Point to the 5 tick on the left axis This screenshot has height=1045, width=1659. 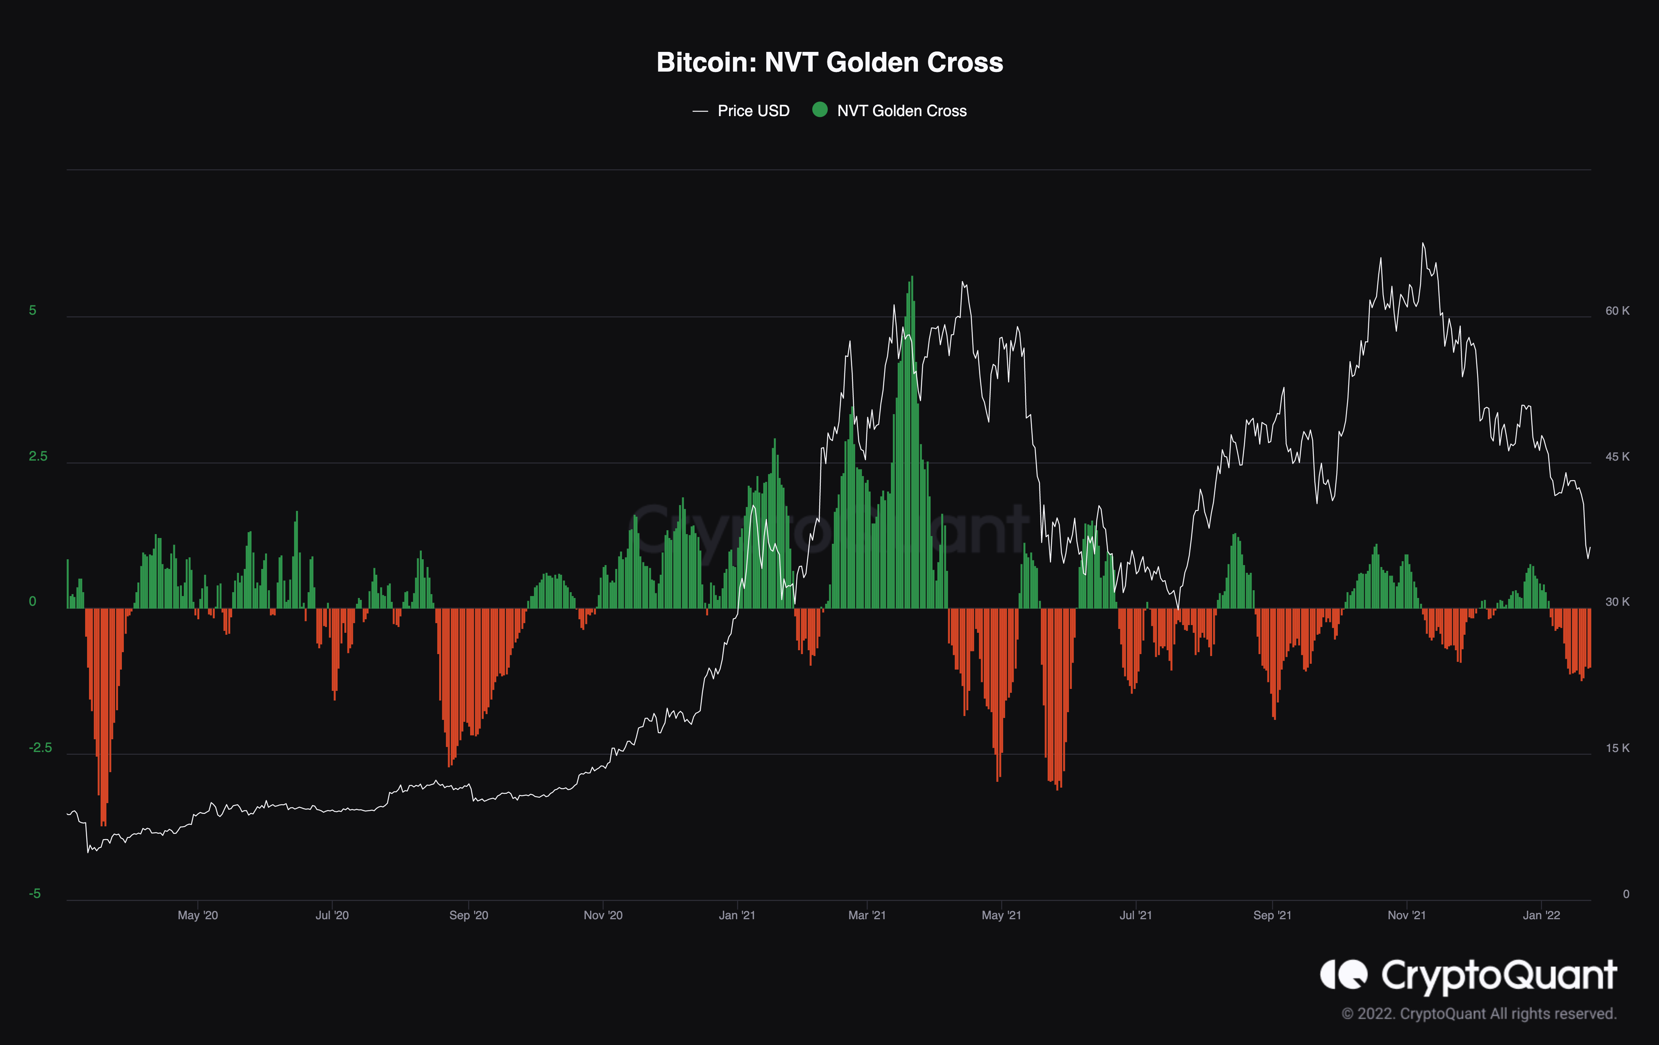[x=33, y=311]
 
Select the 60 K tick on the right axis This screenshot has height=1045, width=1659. [x=1617, y=311]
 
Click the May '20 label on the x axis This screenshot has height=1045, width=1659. [x=198, y=915]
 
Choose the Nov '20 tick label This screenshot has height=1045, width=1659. [x=603, y=915]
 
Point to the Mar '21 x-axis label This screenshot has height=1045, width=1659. [x=867, y=915]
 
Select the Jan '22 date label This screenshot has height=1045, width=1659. [x=1541, y=915]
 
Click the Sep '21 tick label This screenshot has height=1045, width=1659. [x=1272, y=915]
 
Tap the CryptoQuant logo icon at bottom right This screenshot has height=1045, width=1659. [x=1343, y=974]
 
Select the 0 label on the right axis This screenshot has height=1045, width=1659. [x=1626, y=894]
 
